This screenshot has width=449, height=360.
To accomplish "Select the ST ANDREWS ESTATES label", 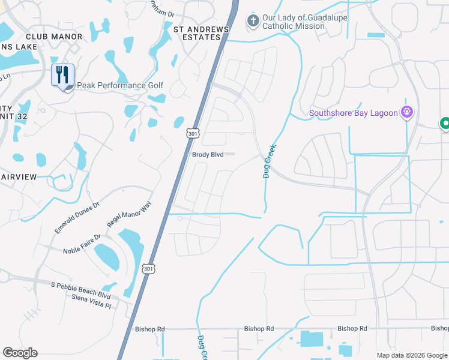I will (x=201, y=33).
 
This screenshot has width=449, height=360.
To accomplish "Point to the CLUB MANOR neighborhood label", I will (x=54, y=37).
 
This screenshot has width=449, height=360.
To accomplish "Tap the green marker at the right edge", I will (x=445, y=124).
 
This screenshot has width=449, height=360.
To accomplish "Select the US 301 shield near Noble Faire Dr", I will (x=148, y=269).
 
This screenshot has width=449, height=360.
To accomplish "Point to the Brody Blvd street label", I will (x=208, y=155).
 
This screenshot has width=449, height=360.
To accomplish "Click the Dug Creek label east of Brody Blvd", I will (x=270, y=160).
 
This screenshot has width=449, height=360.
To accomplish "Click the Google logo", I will (x=20, y=353).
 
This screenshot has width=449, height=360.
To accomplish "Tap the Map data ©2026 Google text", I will (x=411, y=355).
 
